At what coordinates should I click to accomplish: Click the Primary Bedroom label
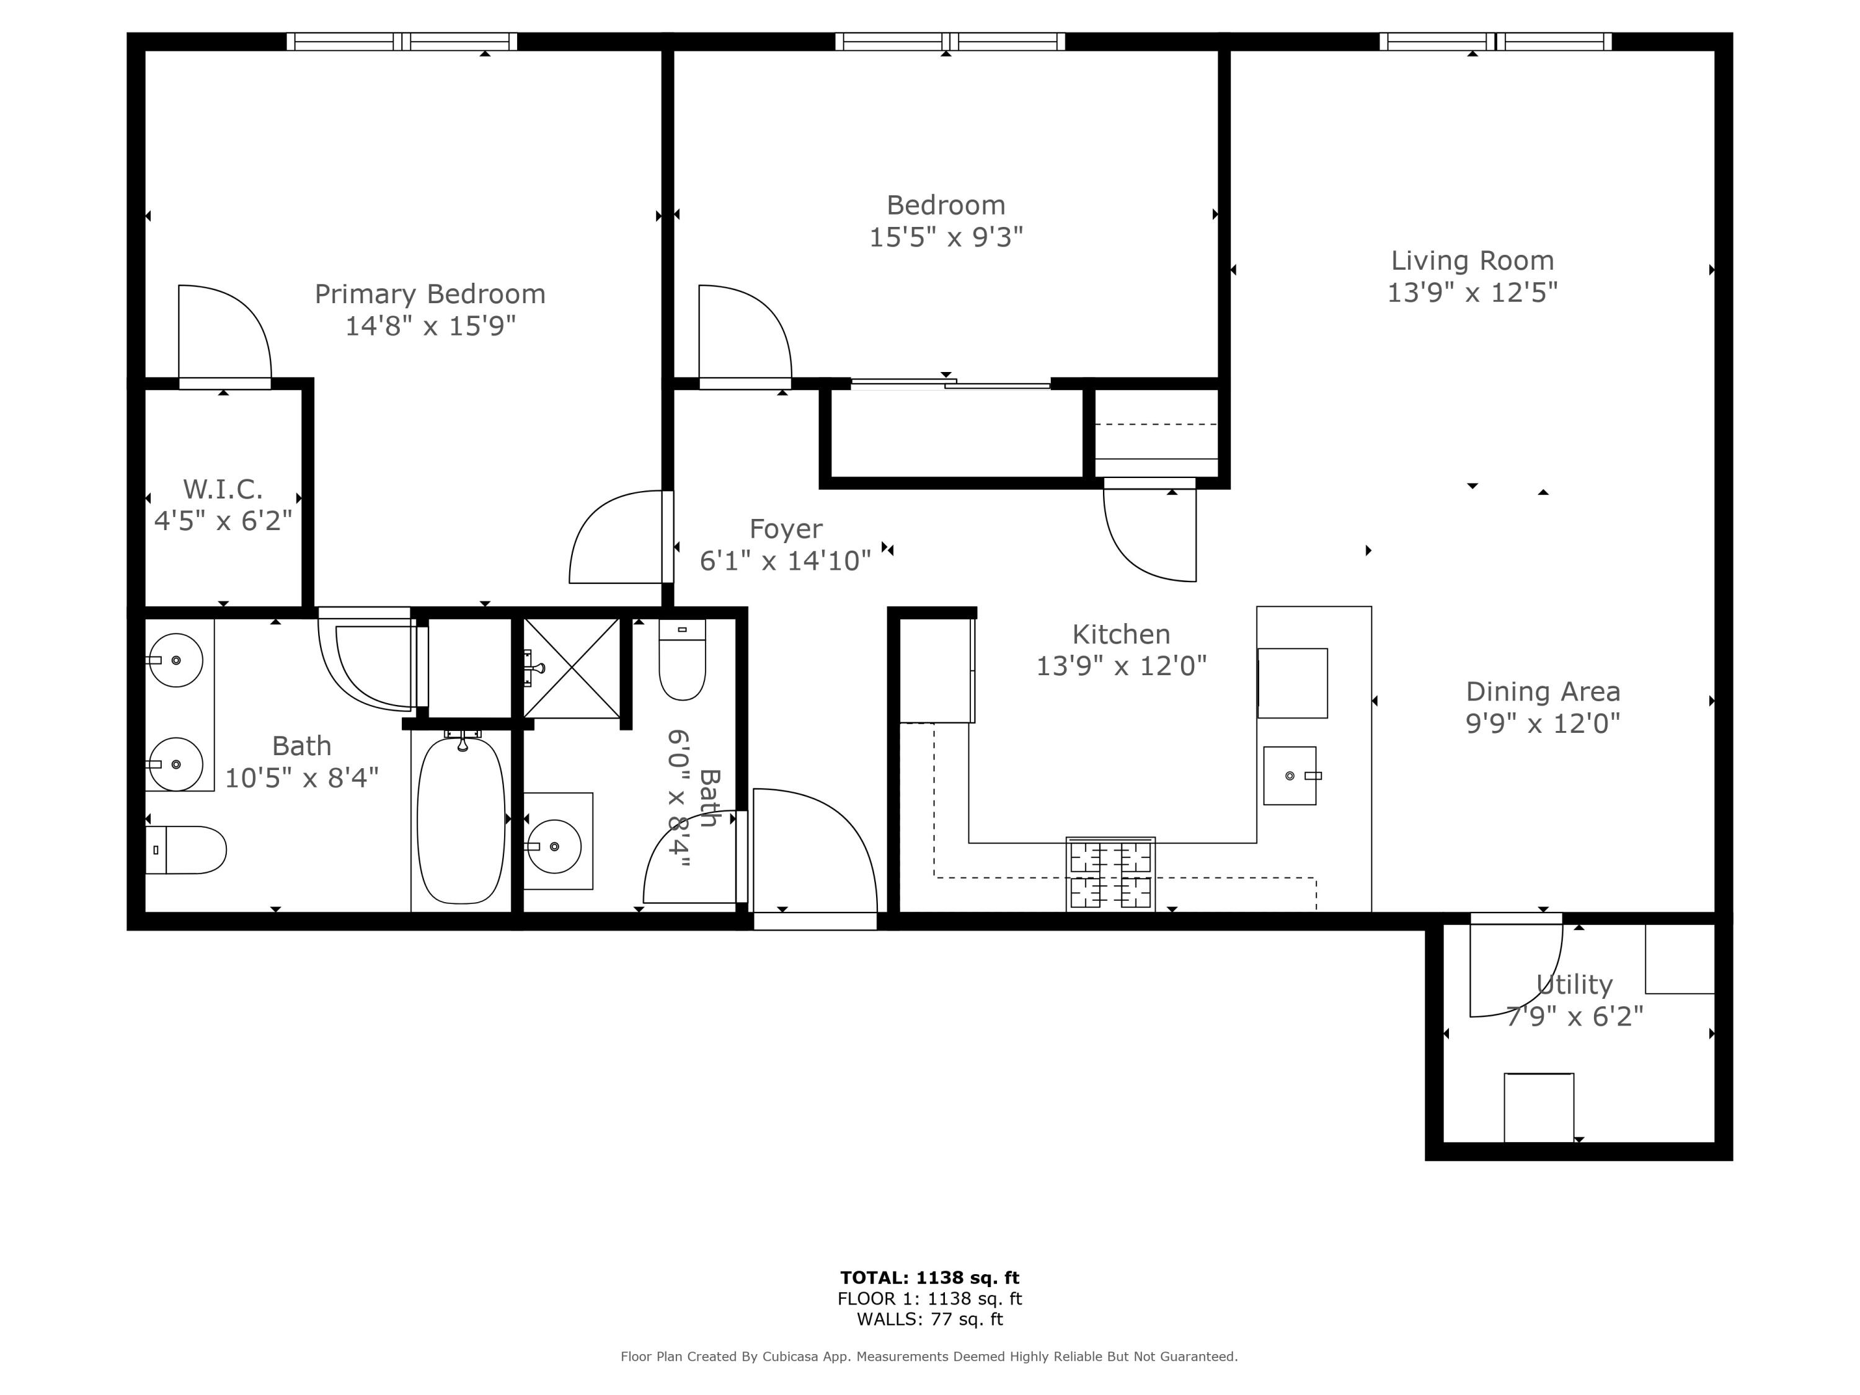pos(430,294)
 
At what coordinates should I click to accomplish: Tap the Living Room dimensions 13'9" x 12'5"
pos(1471,293)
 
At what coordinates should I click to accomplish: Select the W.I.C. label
pos(223,489)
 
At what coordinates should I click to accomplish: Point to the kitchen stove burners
pos(1110,874)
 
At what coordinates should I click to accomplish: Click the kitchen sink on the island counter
pos(1289,775)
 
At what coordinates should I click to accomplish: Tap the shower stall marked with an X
pos(572,668)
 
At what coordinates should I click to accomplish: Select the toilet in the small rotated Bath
pos(682,661)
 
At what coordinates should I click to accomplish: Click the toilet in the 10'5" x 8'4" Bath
pos(187,850)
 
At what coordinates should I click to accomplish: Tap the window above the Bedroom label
pos(949,42)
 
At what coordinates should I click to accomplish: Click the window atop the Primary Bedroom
pos(402,42)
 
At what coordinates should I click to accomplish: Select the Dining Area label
pos(1542,692)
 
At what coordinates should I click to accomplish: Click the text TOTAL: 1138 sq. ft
pos(929,1278)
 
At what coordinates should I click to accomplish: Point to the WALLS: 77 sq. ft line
pos(929,1319)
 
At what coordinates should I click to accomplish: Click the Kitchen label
pos(1121,634)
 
